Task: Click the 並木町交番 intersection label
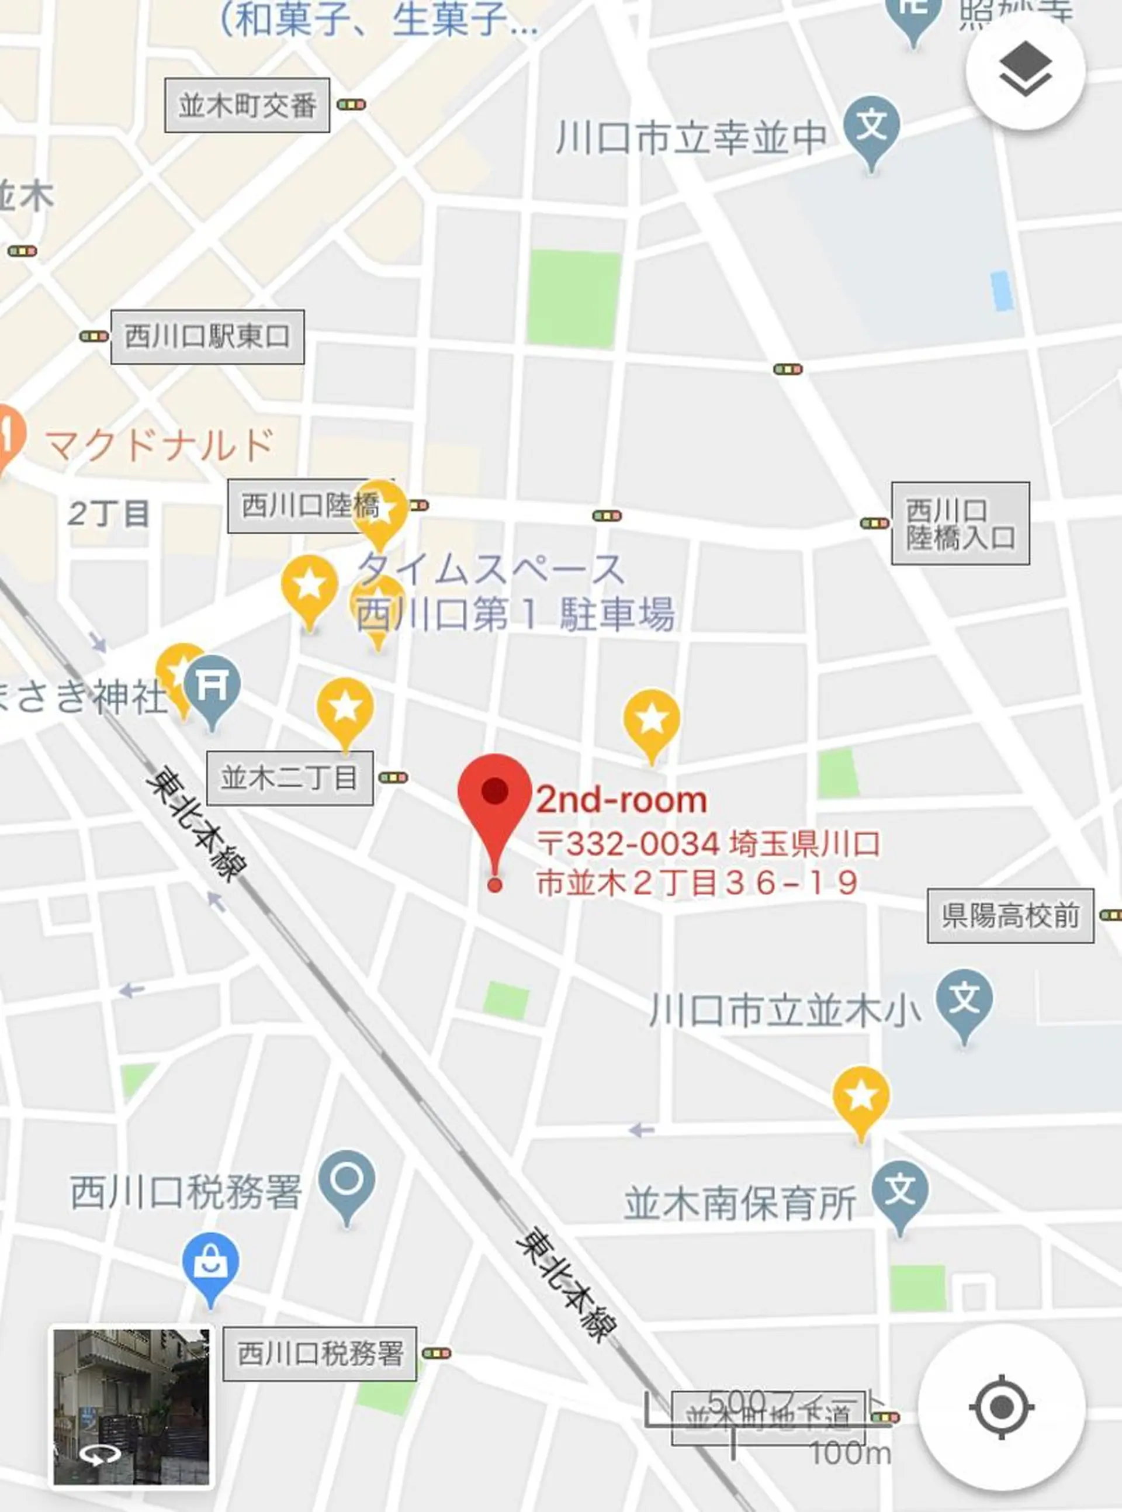247,105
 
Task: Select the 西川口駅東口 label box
207,337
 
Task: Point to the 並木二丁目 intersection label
289,779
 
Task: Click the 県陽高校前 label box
1010,916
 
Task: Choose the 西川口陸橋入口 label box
960,524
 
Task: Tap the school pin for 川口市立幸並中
872,127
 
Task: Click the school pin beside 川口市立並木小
963,1001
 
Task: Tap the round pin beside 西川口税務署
347,1181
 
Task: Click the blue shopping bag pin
210,1262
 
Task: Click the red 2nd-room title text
621,801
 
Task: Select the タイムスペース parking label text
490,569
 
